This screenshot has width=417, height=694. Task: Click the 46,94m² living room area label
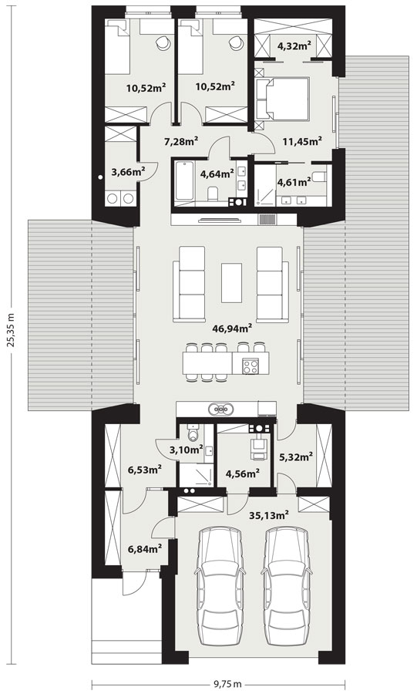point(233,328)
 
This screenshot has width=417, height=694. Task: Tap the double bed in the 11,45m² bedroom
point(282,99)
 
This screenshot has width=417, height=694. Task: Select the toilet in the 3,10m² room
point(193,433)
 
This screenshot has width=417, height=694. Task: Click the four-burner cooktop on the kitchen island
point(251,366)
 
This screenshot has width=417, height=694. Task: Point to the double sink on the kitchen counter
point(220,409)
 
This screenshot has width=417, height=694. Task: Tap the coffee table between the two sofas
point(232,283)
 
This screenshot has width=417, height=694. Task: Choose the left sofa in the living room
point(190,284)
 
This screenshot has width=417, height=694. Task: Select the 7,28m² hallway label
point(181,142)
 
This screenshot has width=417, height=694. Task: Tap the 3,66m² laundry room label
point(129,172)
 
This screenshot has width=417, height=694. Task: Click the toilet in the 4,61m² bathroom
point(318,177)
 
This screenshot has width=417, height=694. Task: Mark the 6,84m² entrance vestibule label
point(145,549)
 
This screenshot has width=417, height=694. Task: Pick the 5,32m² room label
point(296,456)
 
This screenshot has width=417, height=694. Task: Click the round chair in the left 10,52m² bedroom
point(163,42)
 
